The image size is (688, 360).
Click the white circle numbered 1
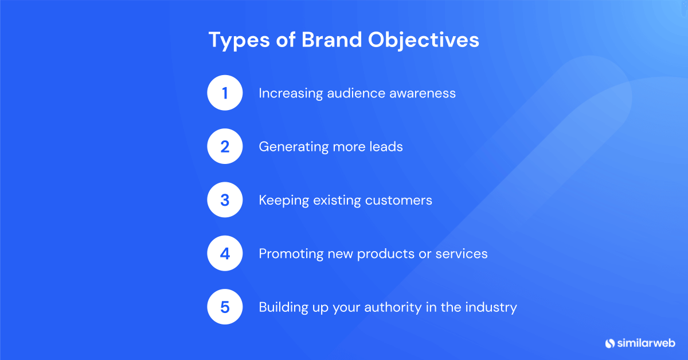225,93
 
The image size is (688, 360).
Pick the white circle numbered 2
225,147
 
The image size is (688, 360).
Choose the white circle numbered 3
225,200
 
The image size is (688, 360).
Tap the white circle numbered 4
225,253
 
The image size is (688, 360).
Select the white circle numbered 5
225,307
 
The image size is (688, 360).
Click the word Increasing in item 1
291,93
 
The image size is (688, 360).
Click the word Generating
294,147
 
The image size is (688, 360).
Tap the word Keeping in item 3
283,201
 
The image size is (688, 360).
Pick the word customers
400,200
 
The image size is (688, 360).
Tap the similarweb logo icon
610,343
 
